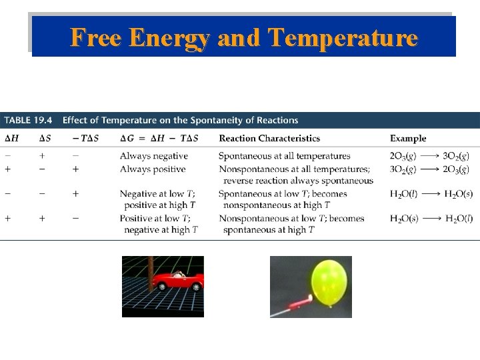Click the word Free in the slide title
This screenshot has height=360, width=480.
(97, 37)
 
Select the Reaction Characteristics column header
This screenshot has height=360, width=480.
(269, 139)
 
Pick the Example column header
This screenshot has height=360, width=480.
(408, 139)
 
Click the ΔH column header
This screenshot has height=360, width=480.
(11, 139)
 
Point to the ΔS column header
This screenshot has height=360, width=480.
(43, 139)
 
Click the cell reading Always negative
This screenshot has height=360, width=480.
(153, 156)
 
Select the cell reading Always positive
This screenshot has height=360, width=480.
(153, 169)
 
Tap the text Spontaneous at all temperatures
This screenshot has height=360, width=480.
(284, 156)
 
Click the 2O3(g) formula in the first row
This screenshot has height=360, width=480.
(403, 156)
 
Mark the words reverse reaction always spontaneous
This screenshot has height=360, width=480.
(298, 181)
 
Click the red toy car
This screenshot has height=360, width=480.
(177, 281)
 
